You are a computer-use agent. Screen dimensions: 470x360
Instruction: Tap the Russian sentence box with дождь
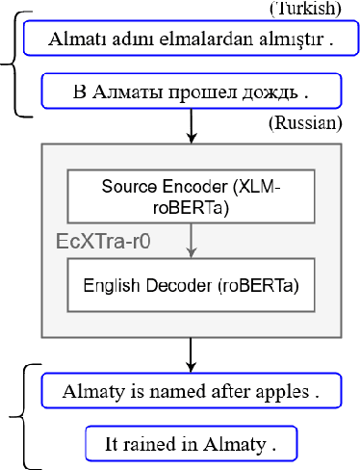[x=193, y=92]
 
